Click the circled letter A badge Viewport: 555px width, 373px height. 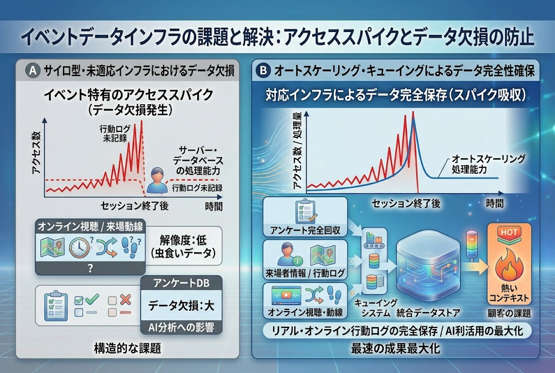click(x=33, y=71)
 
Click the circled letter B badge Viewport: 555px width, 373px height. click(x=263, y=70)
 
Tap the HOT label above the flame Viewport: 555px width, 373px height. click(x=509, y=232)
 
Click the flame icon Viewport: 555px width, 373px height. click(x=509, y=264)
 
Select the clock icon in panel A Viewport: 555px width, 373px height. click(x=79, y=247)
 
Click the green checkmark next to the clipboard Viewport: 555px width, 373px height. click(x=92, y=300)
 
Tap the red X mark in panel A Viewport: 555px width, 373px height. click(x=125, y=300)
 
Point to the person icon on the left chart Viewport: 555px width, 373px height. click(x=157, y=180)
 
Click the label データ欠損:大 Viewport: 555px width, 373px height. click(x=181, y=305)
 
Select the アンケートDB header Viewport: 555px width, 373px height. click(x=181, y=283)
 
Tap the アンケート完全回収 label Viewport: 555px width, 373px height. click(x=305, y=230)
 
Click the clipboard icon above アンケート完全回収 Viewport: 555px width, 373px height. click(x=306, y=211)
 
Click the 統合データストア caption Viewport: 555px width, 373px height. click(x=428, y=313)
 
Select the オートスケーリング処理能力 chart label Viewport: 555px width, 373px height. click(x=488, y=164)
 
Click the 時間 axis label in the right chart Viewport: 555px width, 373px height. click(x=494, y=203)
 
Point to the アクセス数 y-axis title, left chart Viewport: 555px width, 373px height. click(x=36, y=153)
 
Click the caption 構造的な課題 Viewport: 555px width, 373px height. click(x=127, y=348)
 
